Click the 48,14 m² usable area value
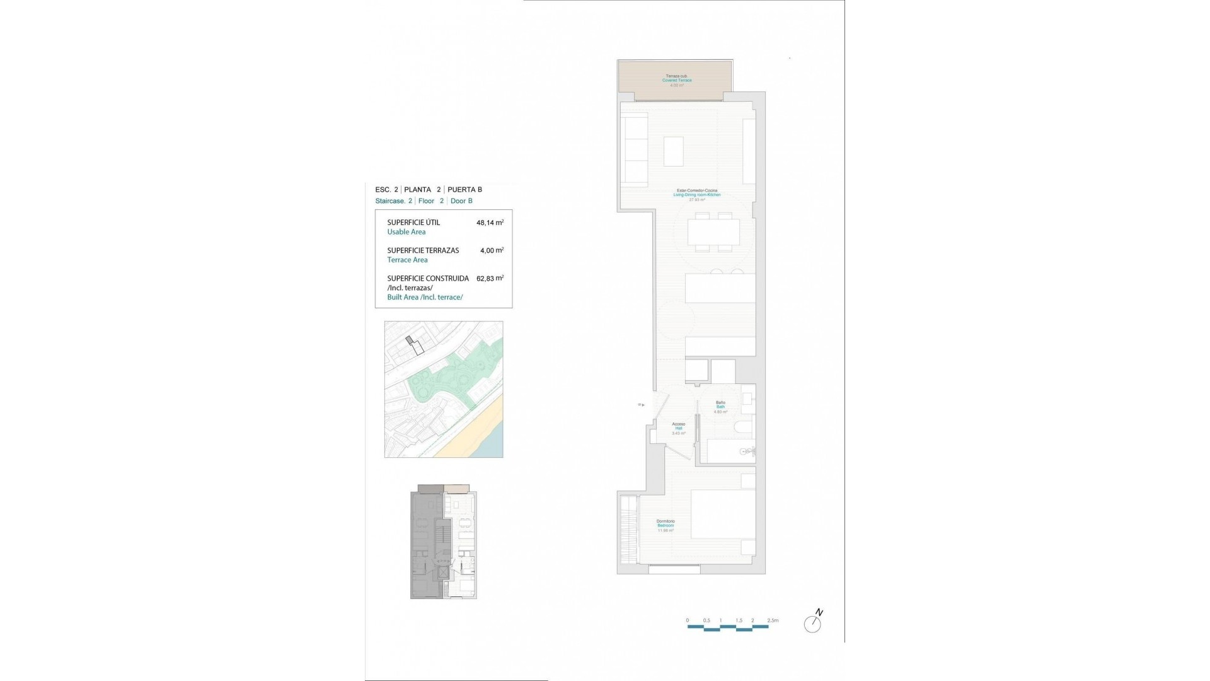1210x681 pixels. click(x=490, y=223)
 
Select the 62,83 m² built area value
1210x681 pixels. click(x=490, y=278)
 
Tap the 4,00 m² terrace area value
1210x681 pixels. click(x=492, y=250)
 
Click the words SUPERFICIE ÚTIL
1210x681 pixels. click(x=413, y=223)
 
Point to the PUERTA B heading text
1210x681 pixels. click(x=464, y=189)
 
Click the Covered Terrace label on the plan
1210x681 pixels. click(x=677, y=80)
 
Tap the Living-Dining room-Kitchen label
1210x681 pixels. click(x=696, y=195)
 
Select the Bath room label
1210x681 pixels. click(x=720, y=407)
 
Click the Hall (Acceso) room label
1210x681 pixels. click(x=679, y=428)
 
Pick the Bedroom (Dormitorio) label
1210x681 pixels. click(x=665, y=525)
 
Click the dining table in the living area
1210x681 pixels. click(x=713, y=232)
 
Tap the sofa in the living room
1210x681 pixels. click(x=635, y=149)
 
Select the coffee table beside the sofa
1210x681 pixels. click(x=673, y=151)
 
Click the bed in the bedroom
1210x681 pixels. click(x=723, y=514)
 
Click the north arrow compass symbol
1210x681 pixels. click(x=813, y=622)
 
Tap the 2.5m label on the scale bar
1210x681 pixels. click(x=773, y=620)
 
